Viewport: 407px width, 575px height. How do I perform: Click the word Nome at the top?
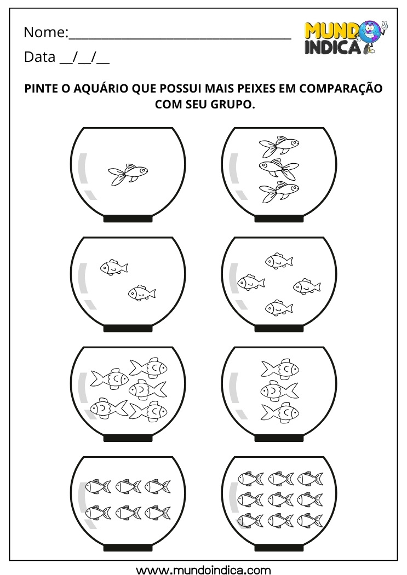[44, 33]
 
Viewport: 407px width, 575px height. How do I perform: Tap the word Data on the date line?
[39, 57]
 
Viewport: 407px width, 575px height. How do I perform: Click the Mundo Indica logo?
[345, 37]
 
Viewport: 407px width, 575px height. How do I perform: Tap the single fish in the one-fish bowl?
[128, 175]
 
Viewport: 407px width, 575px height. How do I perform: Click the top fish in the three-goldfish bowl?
[279, 146]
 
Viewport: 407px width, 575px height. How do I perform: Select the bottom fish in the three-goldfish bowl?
[279, 192]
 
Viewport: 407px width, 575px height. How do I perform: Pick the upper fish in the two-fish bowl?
[113, 267]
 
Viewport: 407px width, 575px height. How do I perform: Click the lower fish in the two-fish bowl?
[142, 294]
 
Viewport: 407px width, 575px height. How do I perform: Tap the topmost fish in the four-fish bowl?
[279, 261]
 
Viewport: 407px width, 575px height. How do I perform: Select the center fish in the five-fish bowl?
[147, 389]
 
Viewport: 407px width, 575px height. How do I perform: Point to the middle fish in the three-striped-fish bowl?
[279, 390]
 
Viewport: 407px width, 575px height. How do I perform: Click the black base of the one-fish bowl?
[128, 219]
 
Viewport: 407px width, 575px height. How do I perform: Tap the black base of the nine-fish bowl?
[279, 548]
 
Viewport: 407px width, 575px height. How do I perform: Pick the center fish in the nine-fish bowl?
[280, 499]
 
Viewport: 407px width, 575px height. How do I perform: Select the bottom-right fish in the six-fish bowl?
[157, 513]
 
